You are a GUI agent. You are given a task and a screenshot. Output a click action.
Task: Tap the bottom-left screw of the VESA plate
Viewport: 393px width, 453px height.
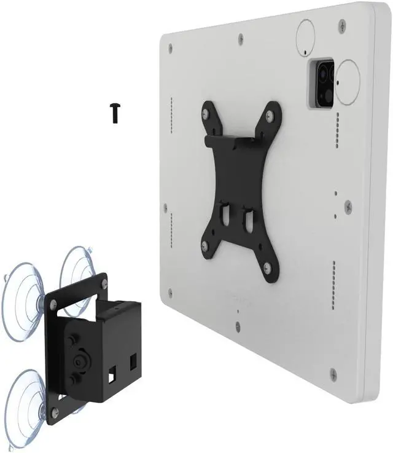tap(206, 245)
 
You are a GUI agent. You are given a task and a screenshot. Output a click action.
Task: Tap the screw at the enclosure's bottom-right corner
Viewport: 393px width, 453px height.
tap(332, 372)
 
